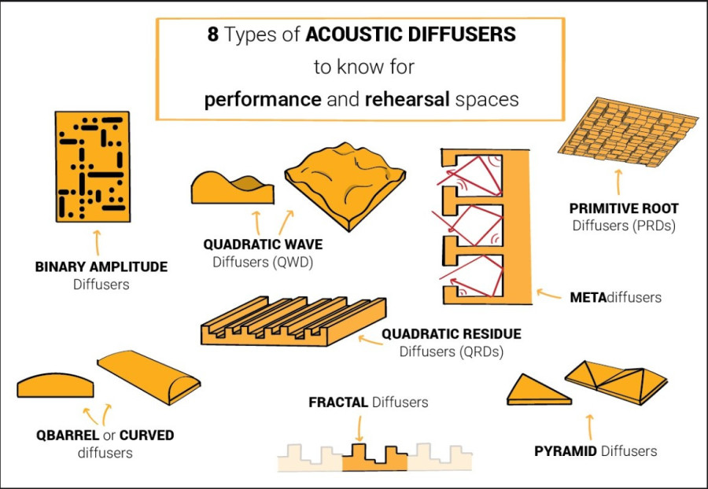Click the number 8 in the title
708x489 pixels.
(213, 35)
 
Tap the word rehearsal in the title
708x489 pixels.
(407, 99)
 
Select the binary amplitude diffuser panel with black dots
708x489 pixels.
(93, 167)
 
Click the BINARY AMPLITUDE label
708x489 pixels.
(101, 267)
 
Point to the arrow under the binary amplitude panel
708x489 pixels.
(97, 243)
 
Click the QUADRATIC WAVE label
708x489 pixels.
(264, 244)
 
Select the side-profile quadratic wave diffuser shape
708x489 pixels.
(232, 188)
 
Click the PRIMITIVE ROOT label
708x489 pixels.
(624, 209)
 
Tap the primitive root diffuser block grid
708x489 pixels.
(628, 131)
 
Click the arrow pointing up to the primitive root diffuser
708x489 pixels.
(618, 182)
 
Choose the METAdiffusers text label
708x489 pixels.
(615, 298)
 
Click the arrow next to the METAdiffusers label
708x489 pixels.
(548, 295)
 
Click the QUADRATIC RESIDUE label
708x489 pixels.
(451, 334)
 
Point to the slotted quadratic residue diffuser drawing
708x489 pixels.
(293, 321)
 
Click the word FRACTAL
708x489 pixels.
(338, 402)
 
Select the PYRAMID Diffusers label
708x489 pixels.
(596, 451)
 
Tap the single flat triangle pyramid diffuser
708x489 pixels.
(538, 390)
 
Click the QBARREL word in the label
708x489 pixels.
(68, 436)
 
